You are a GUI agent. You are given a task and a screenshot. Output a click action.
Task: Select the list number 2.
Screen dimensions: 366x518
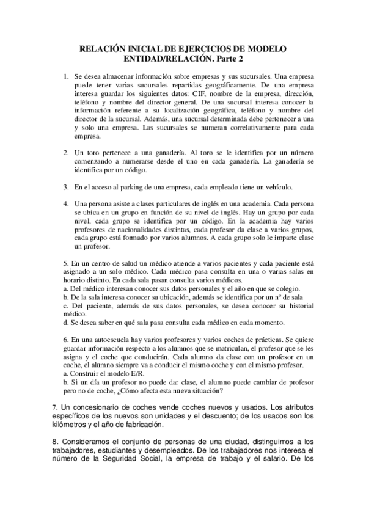pyautogui.click(x=67, y=151)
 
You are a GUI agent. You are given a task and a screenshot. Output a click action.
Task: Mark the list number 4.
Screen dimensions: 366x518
pyautogui.click(x=67, y=203)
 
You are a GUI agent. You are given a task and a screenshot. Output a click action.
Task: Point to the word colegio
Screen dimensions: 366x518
pyautogui.click(x=284, y=288)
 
